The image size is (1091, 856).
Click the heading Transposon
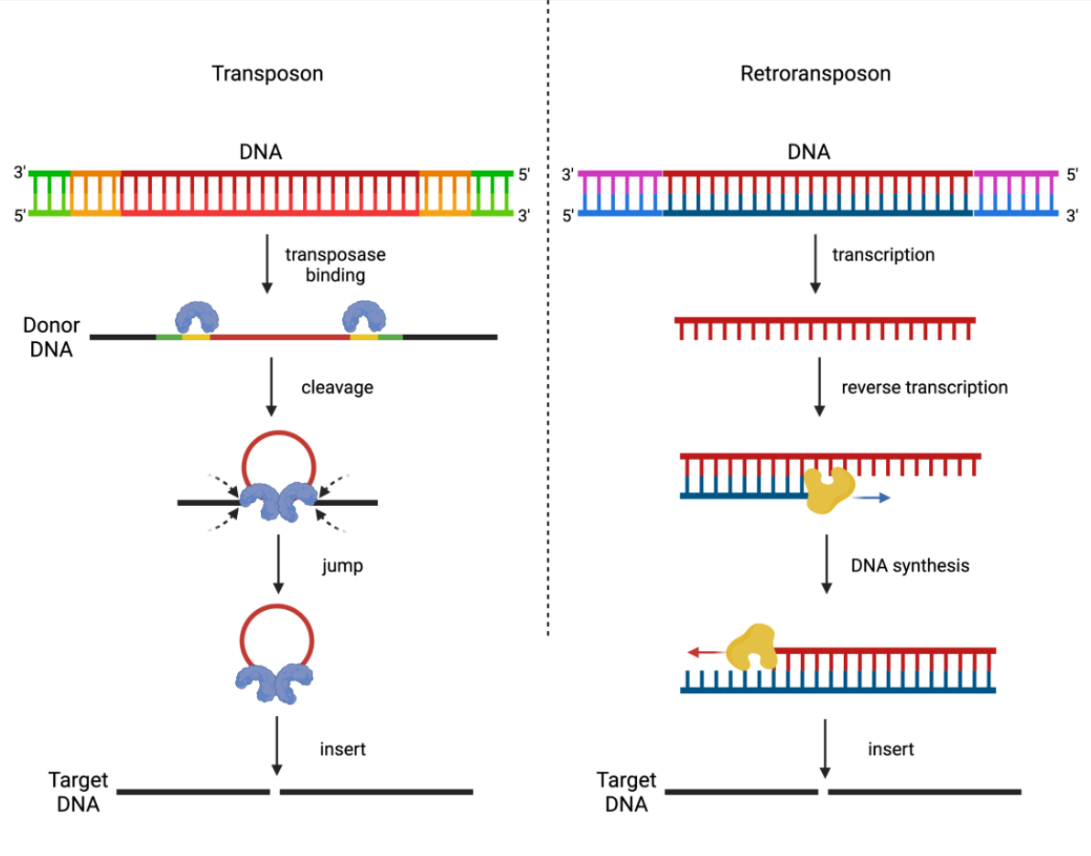pyautogui.click(x=267, y=74)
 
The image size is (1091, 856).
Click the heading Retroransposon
pyautogui.click(x=815, y=74)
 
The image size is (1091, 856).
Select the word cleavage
pyautogui.click(x=337, y=387)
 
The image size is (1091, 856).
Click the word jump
pyautogui.click(x=342, y=566)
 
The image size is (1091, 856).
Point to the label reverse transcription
pyautogui.click(x=924, y=388)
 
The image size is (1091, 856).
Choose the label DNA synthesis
pyautogui.click(x=910, y=565)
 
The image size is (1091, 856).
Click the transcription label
pyautogui.click(x=883, y=255)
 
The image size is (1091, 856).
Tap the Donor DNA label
pyautogui.click(x=52, y=337)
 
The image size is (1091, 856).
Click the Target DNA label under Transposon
pyautogui.click(x=78, y=792)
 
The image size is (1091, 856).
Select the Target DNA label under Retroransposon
pyautogui.click(x=626, y=792)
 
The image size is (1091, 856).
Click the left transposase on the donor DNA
pyautogui.click(x=197, y=316)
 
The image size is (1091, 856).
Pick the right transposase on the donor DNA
pyautogui.click(x=364, y=316)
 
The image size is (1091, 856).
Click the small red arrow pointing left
pyautogui.click(x=705, y=653)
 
